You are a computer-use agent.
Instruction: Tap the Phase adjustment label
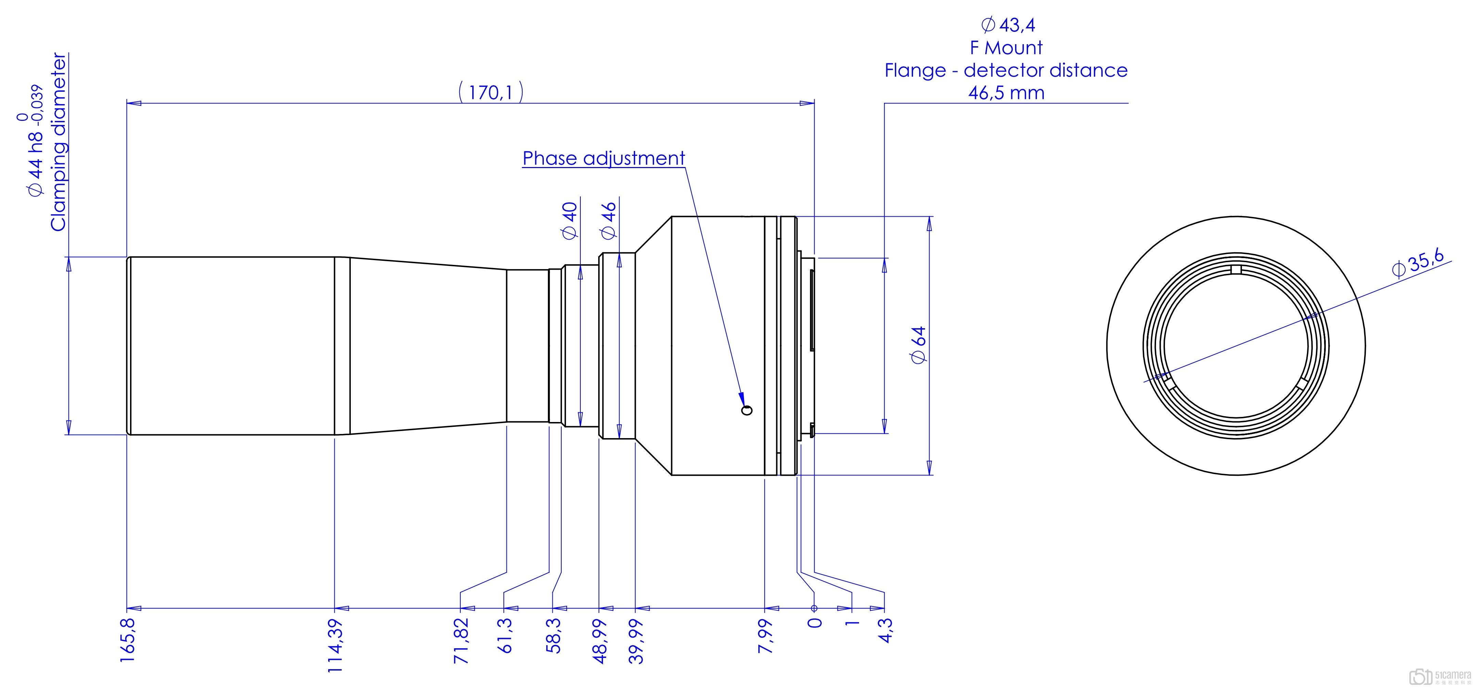[603, 158]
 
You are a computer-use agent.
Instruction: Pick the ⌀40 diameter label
[570, 220]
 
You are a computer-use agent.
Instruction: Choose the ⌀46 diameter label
[608, 220]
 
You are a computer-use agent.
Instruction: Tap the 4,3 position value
[885, 630]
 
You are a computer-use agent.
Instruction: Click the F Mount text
[1006, 48]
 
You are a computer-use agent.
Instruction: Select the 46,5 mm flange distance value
[1006, 93]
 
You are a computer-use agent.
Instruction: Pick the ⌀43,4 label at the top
[1008, 25]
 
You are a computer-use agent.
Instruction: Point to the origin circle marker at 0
[814, 608]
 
